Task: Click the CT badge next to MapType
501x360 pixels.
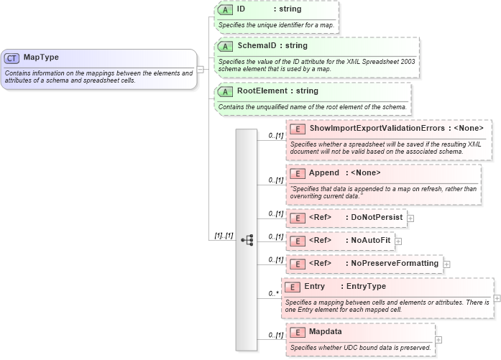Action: [x=12, y=58]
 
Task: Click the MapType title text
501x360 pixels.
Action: [x=41, y=57]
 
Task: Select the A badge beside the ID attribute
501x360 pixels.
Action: [x=225, y=10]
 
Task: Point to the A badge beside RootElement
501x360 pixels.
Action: [x=225, y=92]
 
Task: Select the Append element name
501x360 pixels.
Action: [x=323, y=172]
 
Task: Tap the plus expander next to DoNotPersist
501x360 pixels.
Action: [x=410, y=218]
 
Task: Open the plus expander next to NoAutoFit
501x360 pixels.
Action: [x=398, y=241]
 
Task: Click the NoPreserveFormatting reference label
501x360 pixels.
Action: [x=394, y=263]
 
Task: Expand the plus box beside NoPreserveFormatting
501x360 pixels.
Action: [x=446, y=264]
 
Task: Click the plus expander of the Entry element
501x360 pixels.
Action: [x=497, y=297]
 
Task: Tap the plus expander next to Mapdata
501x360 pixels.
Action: [x=438, y=340]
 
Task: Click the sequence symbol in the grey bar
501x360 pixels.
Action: [x=247, y=240]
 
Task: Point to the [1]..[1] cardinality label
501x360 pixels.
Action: [x=224, y=236]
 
